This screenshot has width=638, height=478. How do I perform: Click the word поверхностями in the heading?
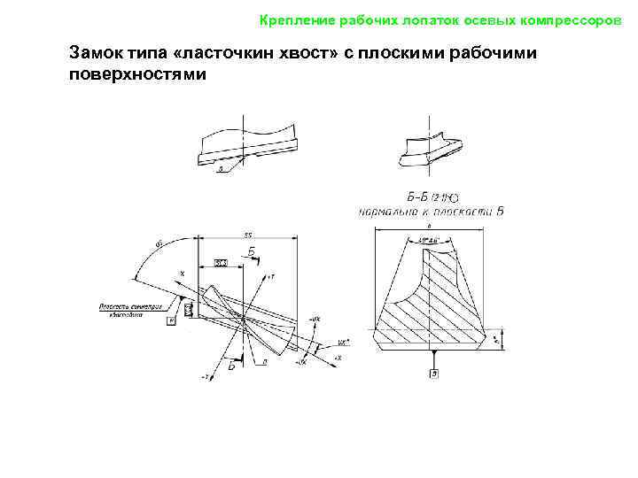(136, 76)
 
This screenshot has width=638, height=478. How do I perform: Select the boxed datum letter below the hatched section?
(434, 374)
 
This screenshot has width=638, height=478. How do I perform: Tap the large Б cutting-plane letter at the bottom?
(230, 365)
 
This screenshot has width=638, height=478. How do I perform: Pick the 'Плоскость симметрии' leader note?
(131, 311)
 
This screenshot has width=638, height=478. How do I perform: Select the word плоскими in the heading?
(400, 55)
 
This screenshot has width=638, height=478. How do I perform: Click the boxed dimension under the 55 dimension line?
(222, 264)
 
